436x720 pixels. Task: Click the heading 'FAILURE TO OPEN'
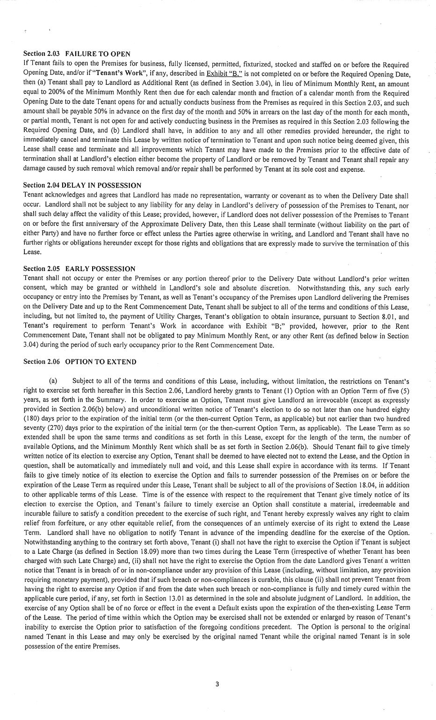point(98,54)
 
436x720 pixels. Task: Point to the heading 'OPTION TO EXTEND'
point(101,361)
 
